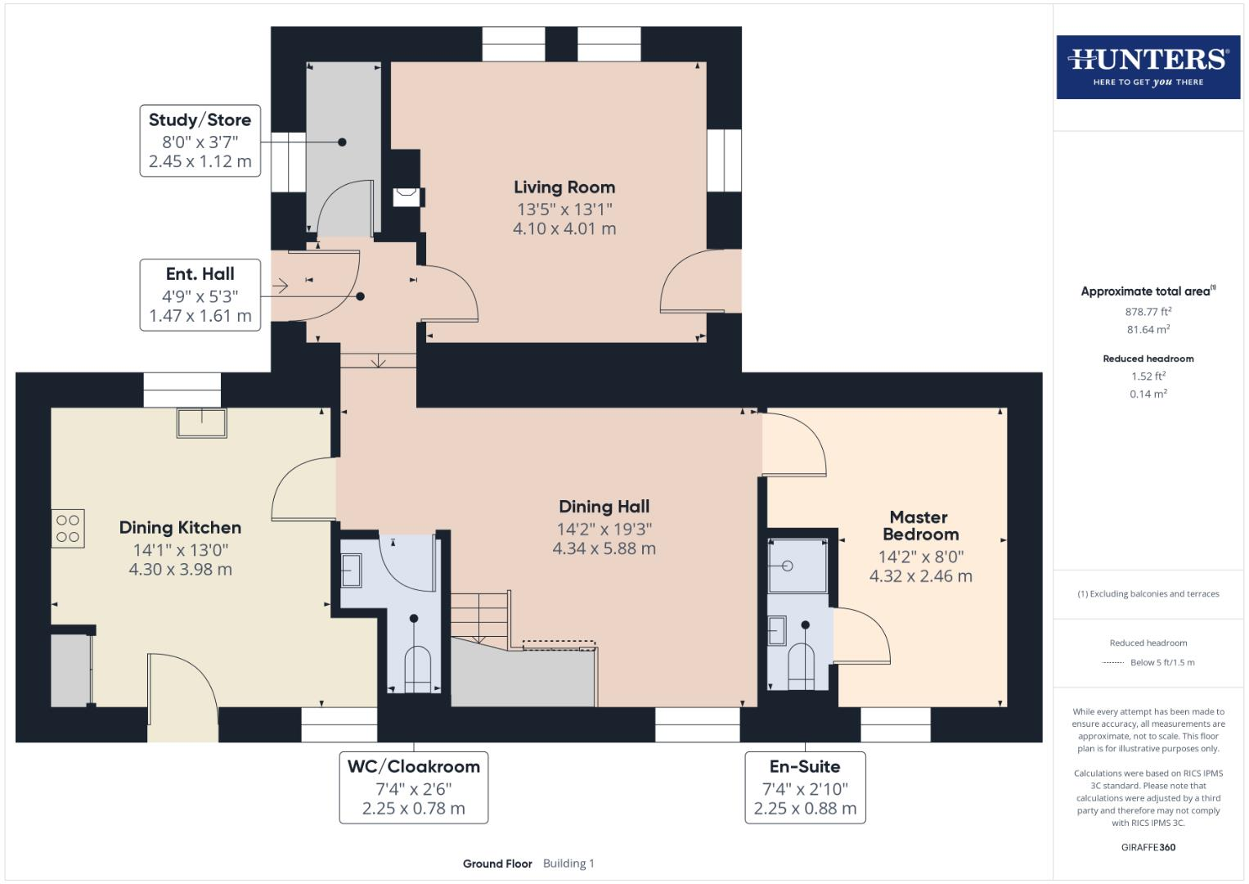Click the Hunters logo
1148,67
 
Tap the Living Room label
564,187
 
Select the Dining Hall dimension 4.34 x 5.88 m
604,548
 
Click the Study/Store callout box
200,141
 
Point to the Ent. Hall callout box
200,295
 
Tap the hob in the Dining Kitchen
68,528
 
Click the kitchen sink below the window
202,423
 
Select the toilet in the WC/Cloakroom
417,669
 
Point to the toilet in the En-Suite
801,665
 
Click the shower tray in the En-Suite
798,566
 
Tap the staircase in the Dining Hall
481,618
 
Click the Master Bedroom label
920,525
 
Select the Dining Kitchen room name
180,527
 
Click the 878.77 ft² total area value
1148,311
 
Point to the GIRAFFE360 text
1148,847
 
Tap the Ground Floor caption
497,864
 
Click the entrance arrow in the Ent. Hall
280,286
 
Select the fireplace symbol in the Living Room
407,197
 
